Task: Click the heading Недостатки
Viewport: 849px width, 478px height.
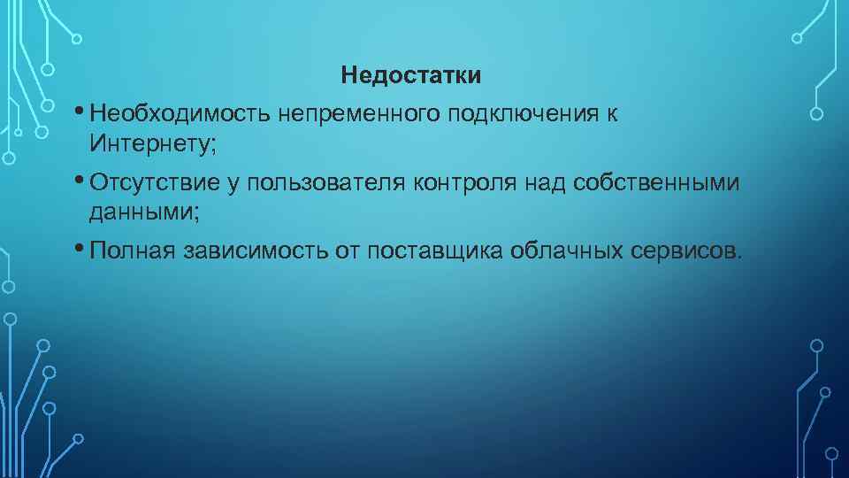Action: pyautogui.click(x=411, y=75)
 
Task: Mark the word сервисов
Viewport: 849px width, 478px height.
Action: pyautogui.click(x=689, y=251)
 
